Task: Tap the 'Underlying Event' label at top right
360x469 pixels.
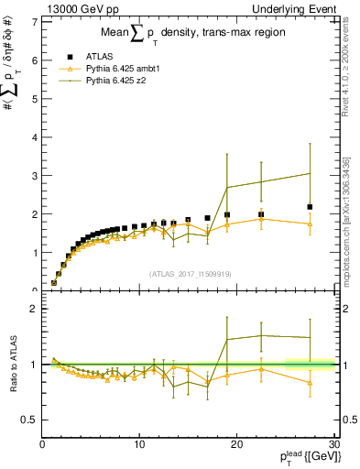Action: pos(295,8)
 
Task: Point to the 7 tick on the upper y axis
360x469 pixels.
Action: pos(34,20)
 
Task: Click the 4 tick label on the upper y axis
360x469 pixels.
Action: pos(34,136)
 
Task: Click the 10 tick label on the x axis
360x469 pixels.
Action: pos(139,444)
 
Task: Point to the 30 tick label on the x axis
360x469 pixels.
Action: pos(333,444)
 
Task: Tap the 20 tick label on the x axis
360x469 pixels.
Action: pos(236,444)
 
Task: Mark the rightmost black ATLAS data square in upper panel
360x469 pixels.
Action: pos(311,207)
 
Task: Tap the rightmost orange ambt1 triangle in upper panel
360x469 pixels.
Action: pos(311,224)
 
